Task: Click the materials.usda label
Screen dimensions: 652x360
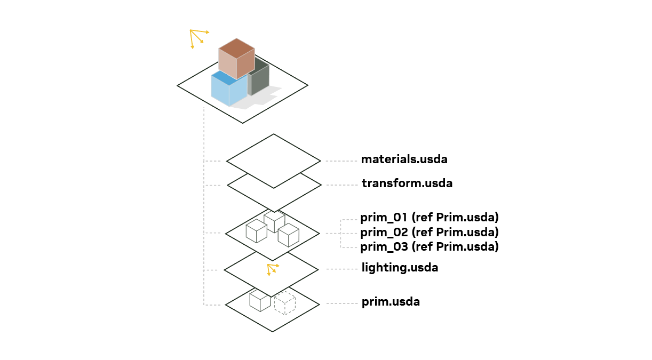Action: point(404,159)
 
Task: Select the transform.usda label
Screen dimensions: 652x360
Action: point(407,183)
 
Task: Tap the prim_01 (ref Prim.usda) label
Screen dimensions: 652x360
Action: point(430,218)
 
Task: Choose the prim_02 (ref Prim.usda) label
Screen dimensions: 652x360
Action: point(430,232)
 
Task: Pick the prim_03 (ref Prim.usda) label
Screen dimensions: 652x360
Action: point(430,247)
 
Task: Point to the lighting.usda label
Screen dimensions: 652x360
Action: point(400,268)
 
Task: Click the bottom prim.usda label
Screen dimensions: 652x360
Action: point(391,302)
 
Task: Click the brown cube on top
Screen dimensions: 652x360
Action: point(237,58)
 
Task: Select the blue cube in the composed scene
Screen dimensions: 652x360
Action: point(229,89)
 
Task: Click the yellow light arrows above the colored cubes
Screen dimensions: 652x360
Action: point(199,38)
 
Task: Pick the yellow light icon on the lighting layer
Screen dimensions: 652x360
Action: point(273,270)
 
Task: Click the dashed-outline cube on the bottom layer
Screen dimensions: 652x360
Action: point(285,303)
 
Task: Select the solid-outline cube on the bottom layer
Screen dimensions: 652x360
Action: point(260,301)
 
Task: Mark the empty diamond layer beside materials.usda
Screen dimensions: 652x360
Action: point(274,161)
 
